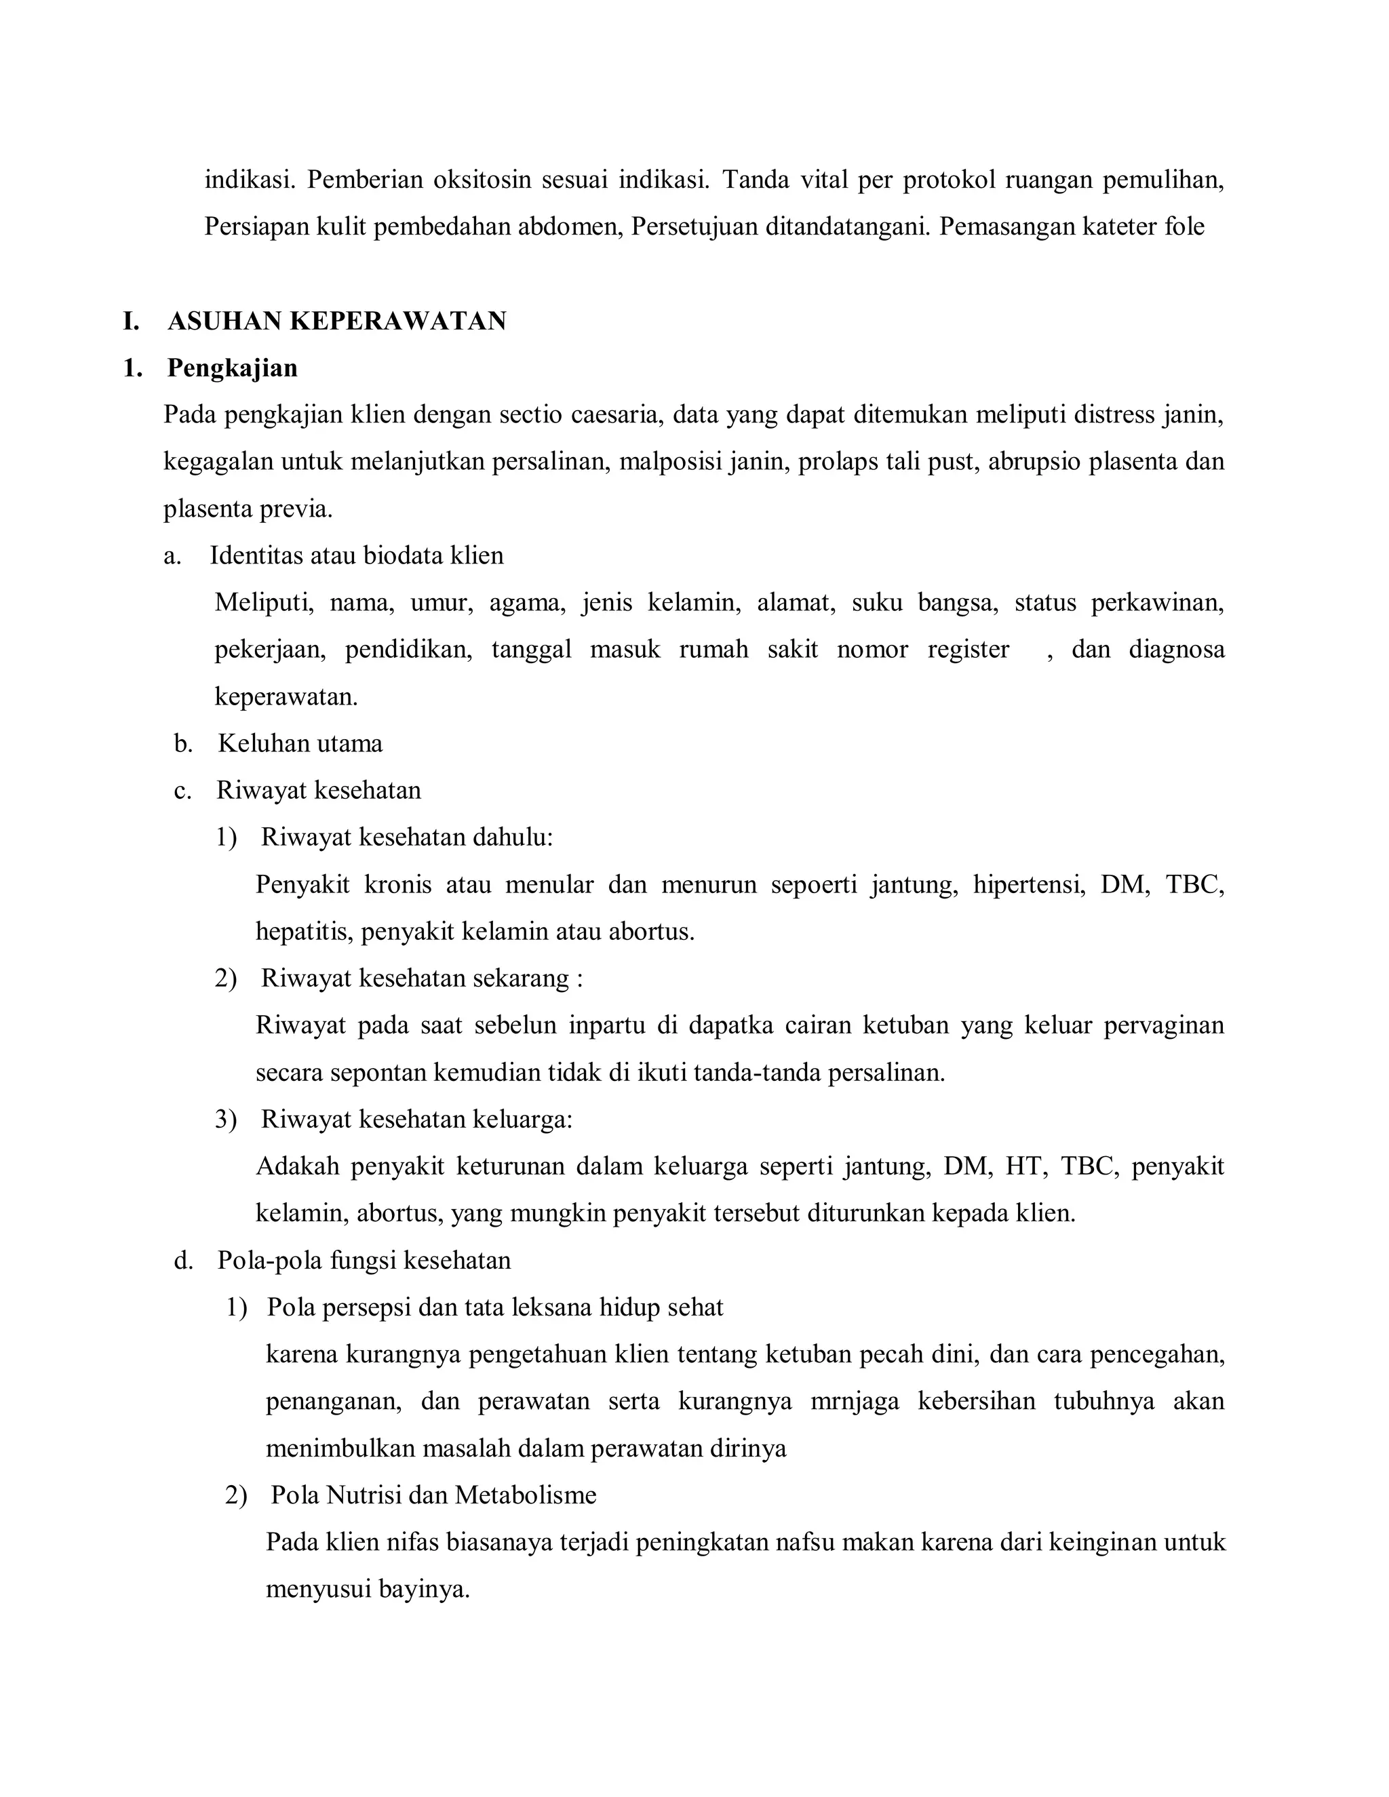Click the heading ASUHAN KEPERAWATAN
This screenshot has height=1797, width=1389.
point(336,321)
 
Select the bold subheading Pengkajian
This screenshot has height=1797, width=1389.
point(232,368)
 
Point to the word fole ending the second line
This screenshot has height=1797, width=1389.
point(1184,226)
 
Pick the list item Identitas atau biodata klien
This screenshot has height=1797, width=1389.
point(356,555)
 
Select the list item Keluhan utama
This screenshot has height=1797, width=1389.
point(300,744)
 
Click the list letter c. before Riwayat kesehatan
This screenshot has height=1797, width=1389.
point(182,791)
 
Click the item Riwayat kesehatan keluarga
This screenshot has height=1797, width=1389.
point(416,1120)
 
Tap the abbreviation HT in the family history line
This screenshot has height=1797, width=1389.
point(1023,1167)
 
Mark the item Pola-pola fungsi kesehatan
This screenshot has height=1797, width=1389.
point(364,1261)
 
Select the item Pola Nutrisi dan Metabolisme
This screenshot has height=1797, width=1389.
point(433,1495)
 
